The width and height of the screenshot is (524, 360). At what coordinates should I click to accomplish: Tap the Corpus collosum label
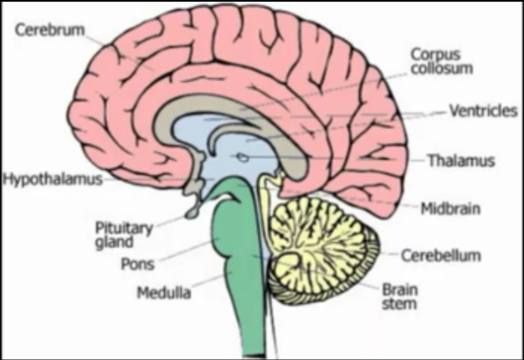[436, 61]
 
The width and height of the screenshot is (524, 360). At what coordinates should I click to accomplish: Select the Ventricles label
[482, 111]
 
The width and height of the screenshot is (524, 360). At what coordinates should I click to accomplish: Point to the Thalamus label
[460, 160]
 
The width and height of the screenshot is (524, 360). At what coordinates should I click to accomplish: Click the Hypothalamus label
[52, 179]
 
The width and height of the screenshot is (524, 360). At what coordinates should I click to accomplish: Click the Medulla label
[164, 293]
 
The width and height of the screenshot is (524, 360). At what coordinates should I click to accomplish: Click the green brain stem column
[251, 318]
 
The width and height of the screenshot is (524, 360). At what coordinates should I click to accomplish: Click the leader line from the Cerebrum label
[126, 50]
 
